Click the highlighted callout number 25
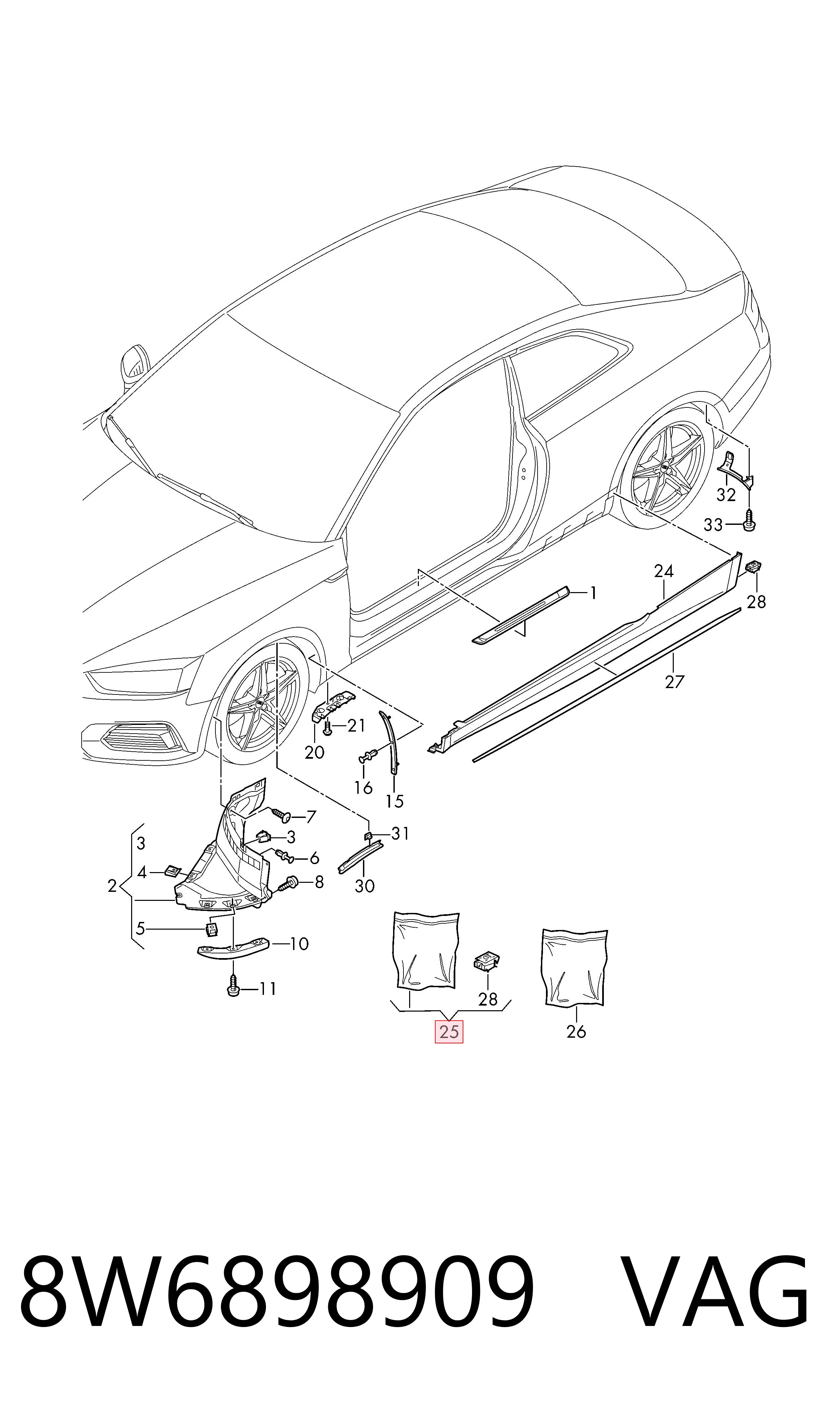(x=449, y=1032)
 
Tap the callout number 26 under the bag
(x=576, y=1032)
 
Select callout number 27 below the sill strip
(x=674, y=682)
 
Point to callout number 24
(x=664, y=571)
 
